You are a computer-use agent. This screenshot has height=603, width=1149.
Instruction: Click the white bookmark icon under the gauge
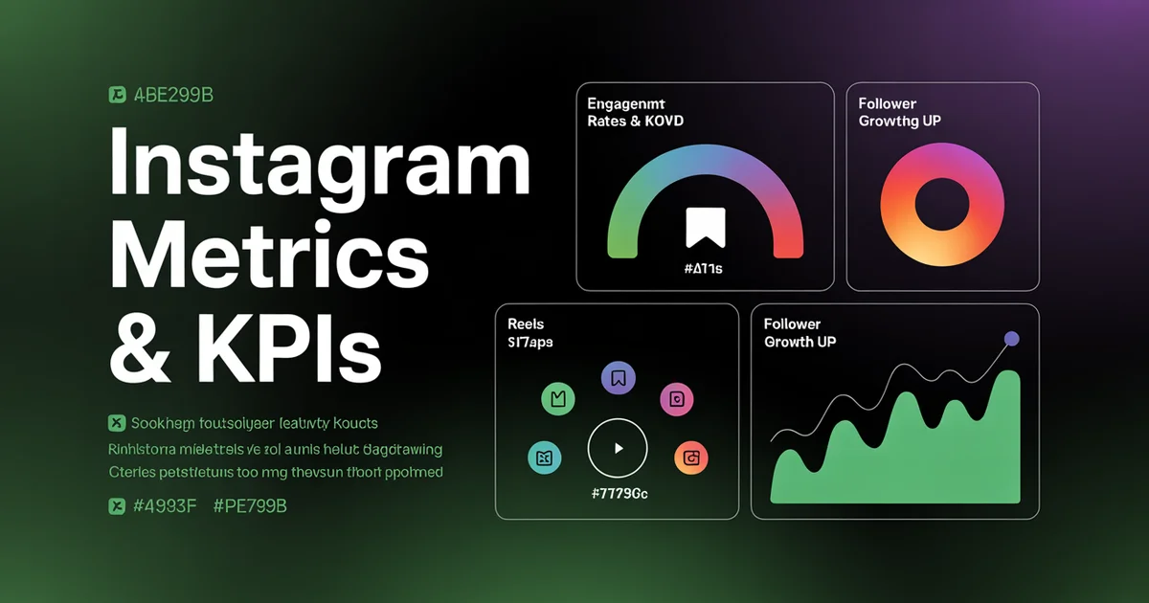tap(706, 229)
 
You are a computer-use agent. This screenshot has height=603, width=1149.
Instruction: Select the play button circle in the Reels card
tap(617, 447)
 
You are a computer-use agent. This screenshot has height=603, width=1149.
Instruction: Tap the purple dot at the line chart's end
tap(1011, 339)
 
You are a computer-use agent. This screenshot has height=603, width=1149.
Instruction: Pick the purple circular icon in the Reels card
tap(618, 377)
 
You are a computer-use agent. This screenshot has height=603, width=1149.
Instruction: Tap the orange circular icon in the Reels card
tap(690, 458)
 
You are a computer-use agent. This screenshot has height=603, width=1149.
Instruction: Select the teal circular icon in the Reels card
tap(543, 458)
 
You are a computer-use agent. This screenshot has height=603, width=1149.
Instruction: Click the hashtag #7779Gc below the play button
tap(616, 494)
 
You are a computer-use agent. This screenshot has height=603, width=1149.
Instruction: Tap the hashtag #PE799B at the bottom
tap(250, 506)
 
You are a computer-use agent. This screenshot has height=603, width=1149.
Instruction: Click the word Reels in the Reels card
tap(526, 324)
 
